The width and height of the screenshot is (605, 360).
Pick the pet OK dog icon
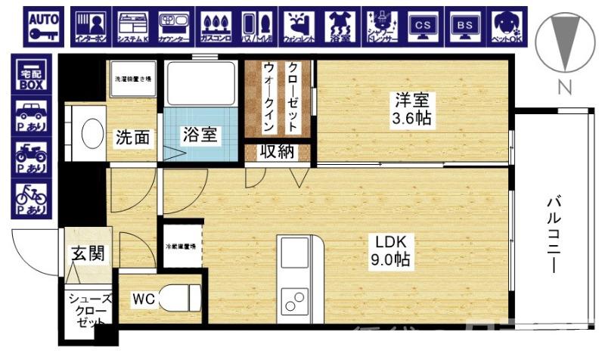(x=504, y=26)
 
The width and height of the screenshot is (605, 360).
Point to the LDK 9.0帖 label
(x=391, y=252)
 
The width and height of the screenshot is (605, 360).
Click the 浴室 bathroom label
(x=200, y=135)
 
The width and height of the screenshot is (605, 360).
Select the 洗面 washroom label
(x=132, y=138)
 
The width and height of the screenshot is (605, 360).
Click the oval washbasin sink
(x=92, y=133)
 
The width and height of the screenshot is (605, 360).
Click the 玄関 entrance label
(x=87, y=254)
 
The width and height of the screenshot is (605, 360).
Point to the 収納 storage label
(x=277, y=152)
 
